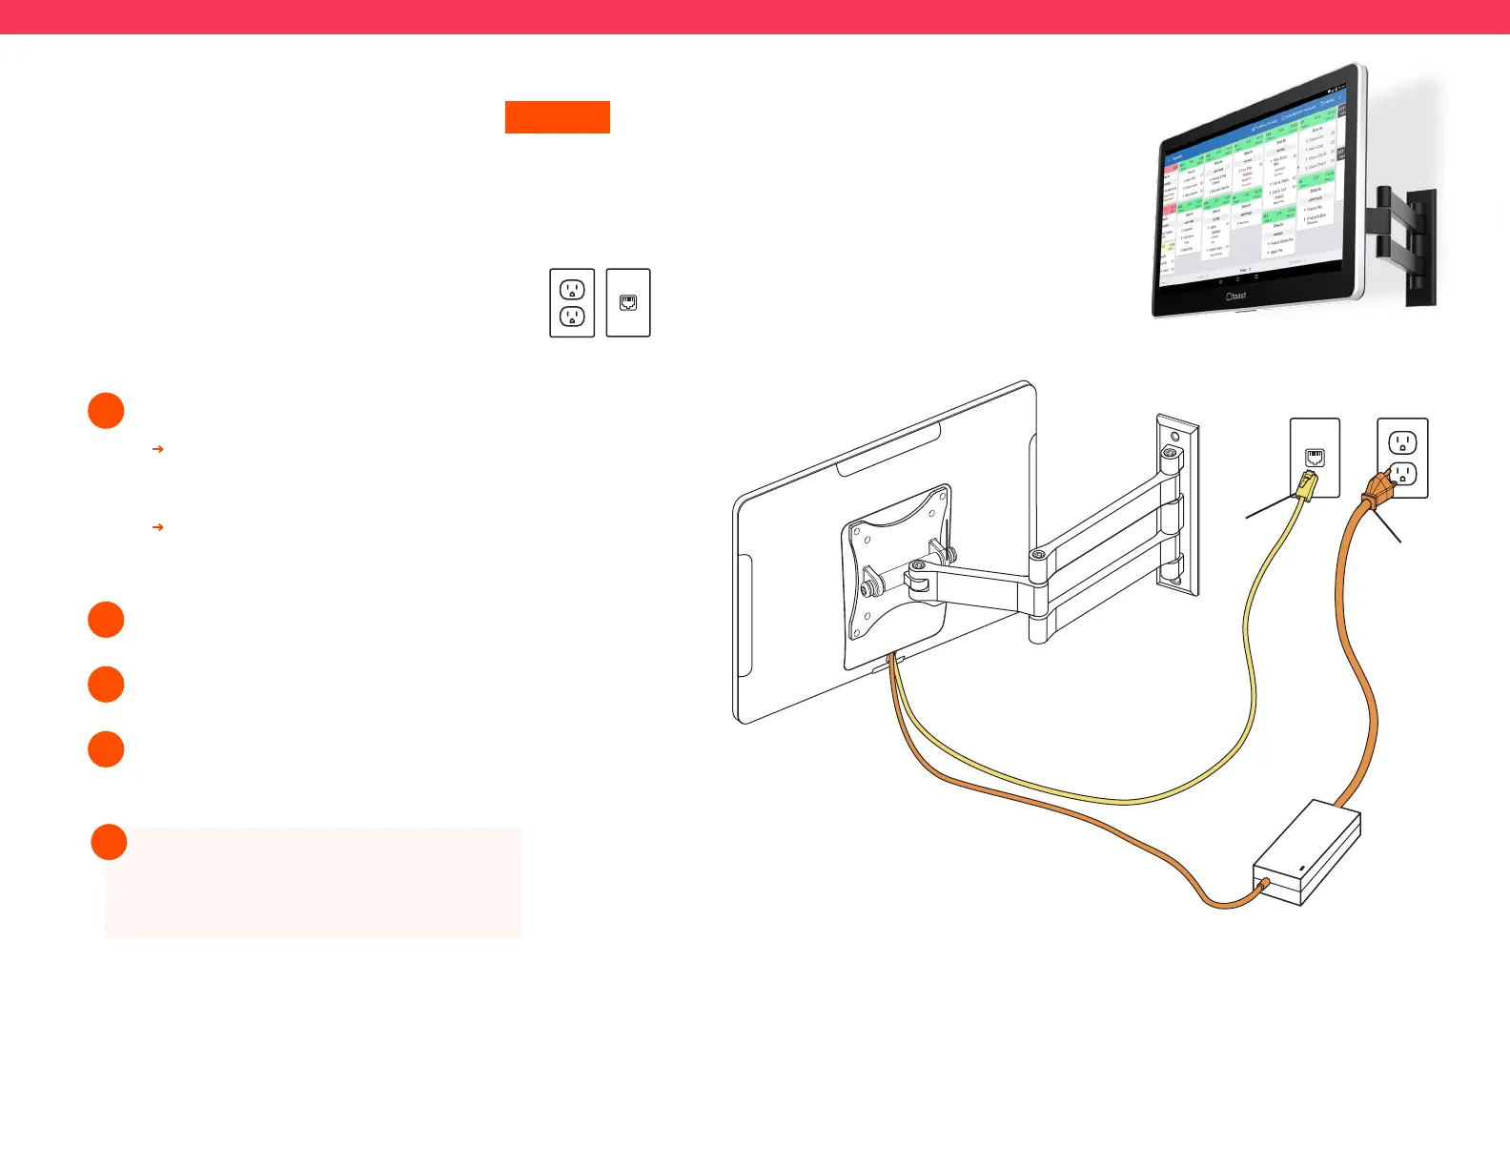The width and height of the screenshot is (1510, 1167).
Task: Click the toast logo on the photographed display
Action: [x=1235, y=296]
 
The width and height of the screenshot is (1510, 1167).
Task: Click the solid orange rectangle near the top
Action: [x=557, y=116]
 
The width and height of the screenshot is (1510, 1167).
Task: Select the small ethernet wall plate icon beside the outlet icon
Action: [x=628, y=302]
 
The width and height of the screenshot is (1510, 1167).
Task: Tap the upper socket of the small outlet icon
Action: [x=572, y=290]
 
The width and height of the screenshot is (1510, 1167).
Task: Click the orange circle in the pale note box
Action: [x=109, y=842]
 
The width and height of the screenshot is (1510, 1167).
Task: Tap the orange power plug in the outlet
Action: [x=1378, y=491]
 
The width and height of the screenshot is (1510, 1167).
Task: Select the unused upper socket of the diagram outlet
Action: [x=1402, y=442]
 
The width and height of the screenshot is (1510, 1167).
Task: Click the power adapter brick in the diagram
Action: [x=1307, y=853]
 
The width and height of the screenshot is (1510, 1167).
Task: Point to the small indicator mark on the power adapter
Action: [x=1303, y=869]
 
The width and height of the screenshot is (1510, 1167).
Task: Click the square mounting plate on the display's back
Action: [x=895, y=572]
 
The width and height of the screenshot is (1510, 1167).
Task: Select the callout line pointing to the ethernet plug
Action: [x=1269, y=508]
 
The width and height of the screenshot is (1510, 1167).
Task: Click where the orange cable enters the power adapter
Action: [x=1260, y=889]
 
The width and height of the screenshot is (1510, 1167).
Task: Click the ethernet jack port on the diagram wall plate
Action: [x=1315, y=457]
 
